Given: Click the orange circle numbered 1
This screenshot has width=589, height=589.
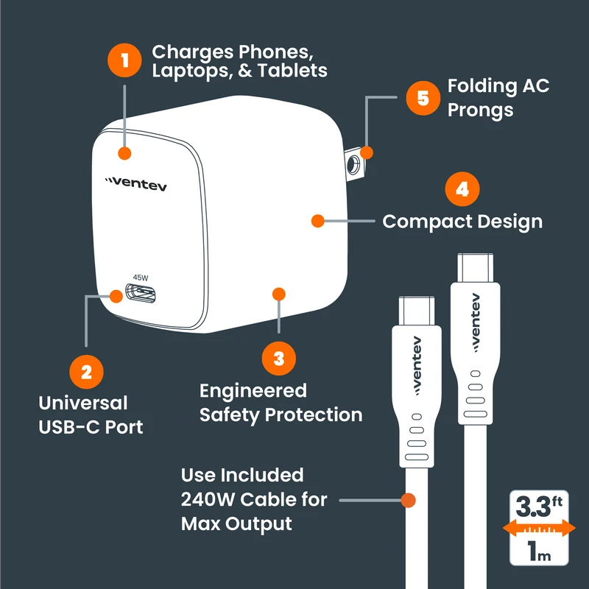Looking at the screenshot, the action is pos(124,60).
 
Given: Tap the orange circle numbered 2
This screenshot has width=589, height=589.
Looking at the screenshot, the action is pos(86,372).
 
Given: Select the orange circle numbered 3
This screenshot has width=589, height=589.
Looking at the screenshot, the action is pos(279,358).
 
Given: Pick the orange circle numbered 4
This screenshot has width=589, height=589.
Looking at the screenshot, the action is pos(462,189).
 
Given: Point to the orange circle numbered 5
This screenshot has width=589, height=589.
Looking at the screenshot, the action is pos(423,98).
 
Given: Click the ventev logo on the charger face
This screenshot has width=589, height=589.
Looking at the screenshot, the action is pos(135,183).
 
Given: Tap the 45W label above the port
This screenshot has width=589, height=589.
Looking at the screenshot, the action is pos(141,278).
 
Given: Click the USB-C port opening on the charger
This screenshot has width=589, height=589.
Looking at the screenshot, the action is pos(140,293).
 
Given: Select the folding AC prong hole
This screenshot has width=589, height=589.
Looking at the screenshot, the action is pos(353,163).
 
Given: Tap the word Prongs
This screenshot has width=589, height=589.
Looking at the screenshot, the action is pos(481,110).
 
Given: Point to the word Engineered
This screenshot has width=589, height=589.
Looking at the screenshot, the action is pos(253,391).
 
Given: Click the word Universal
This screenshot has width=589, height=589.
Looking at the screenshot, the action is pos(83,403).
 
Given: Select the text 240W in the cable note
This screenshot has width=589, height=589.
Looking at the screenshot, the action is pos(208,500).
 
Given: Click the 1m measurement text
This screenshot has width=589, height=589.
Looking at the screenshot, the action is pos(539,551).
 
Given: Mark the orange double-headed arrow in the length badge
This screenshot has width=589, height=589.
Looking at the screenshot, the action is pos(539,528).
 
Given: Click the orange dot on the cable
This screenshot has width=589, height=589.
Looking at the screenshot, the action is pos(408,500).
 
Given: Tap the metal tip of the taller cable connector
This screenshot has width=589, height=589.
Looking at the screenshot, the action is pos(475,268).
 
